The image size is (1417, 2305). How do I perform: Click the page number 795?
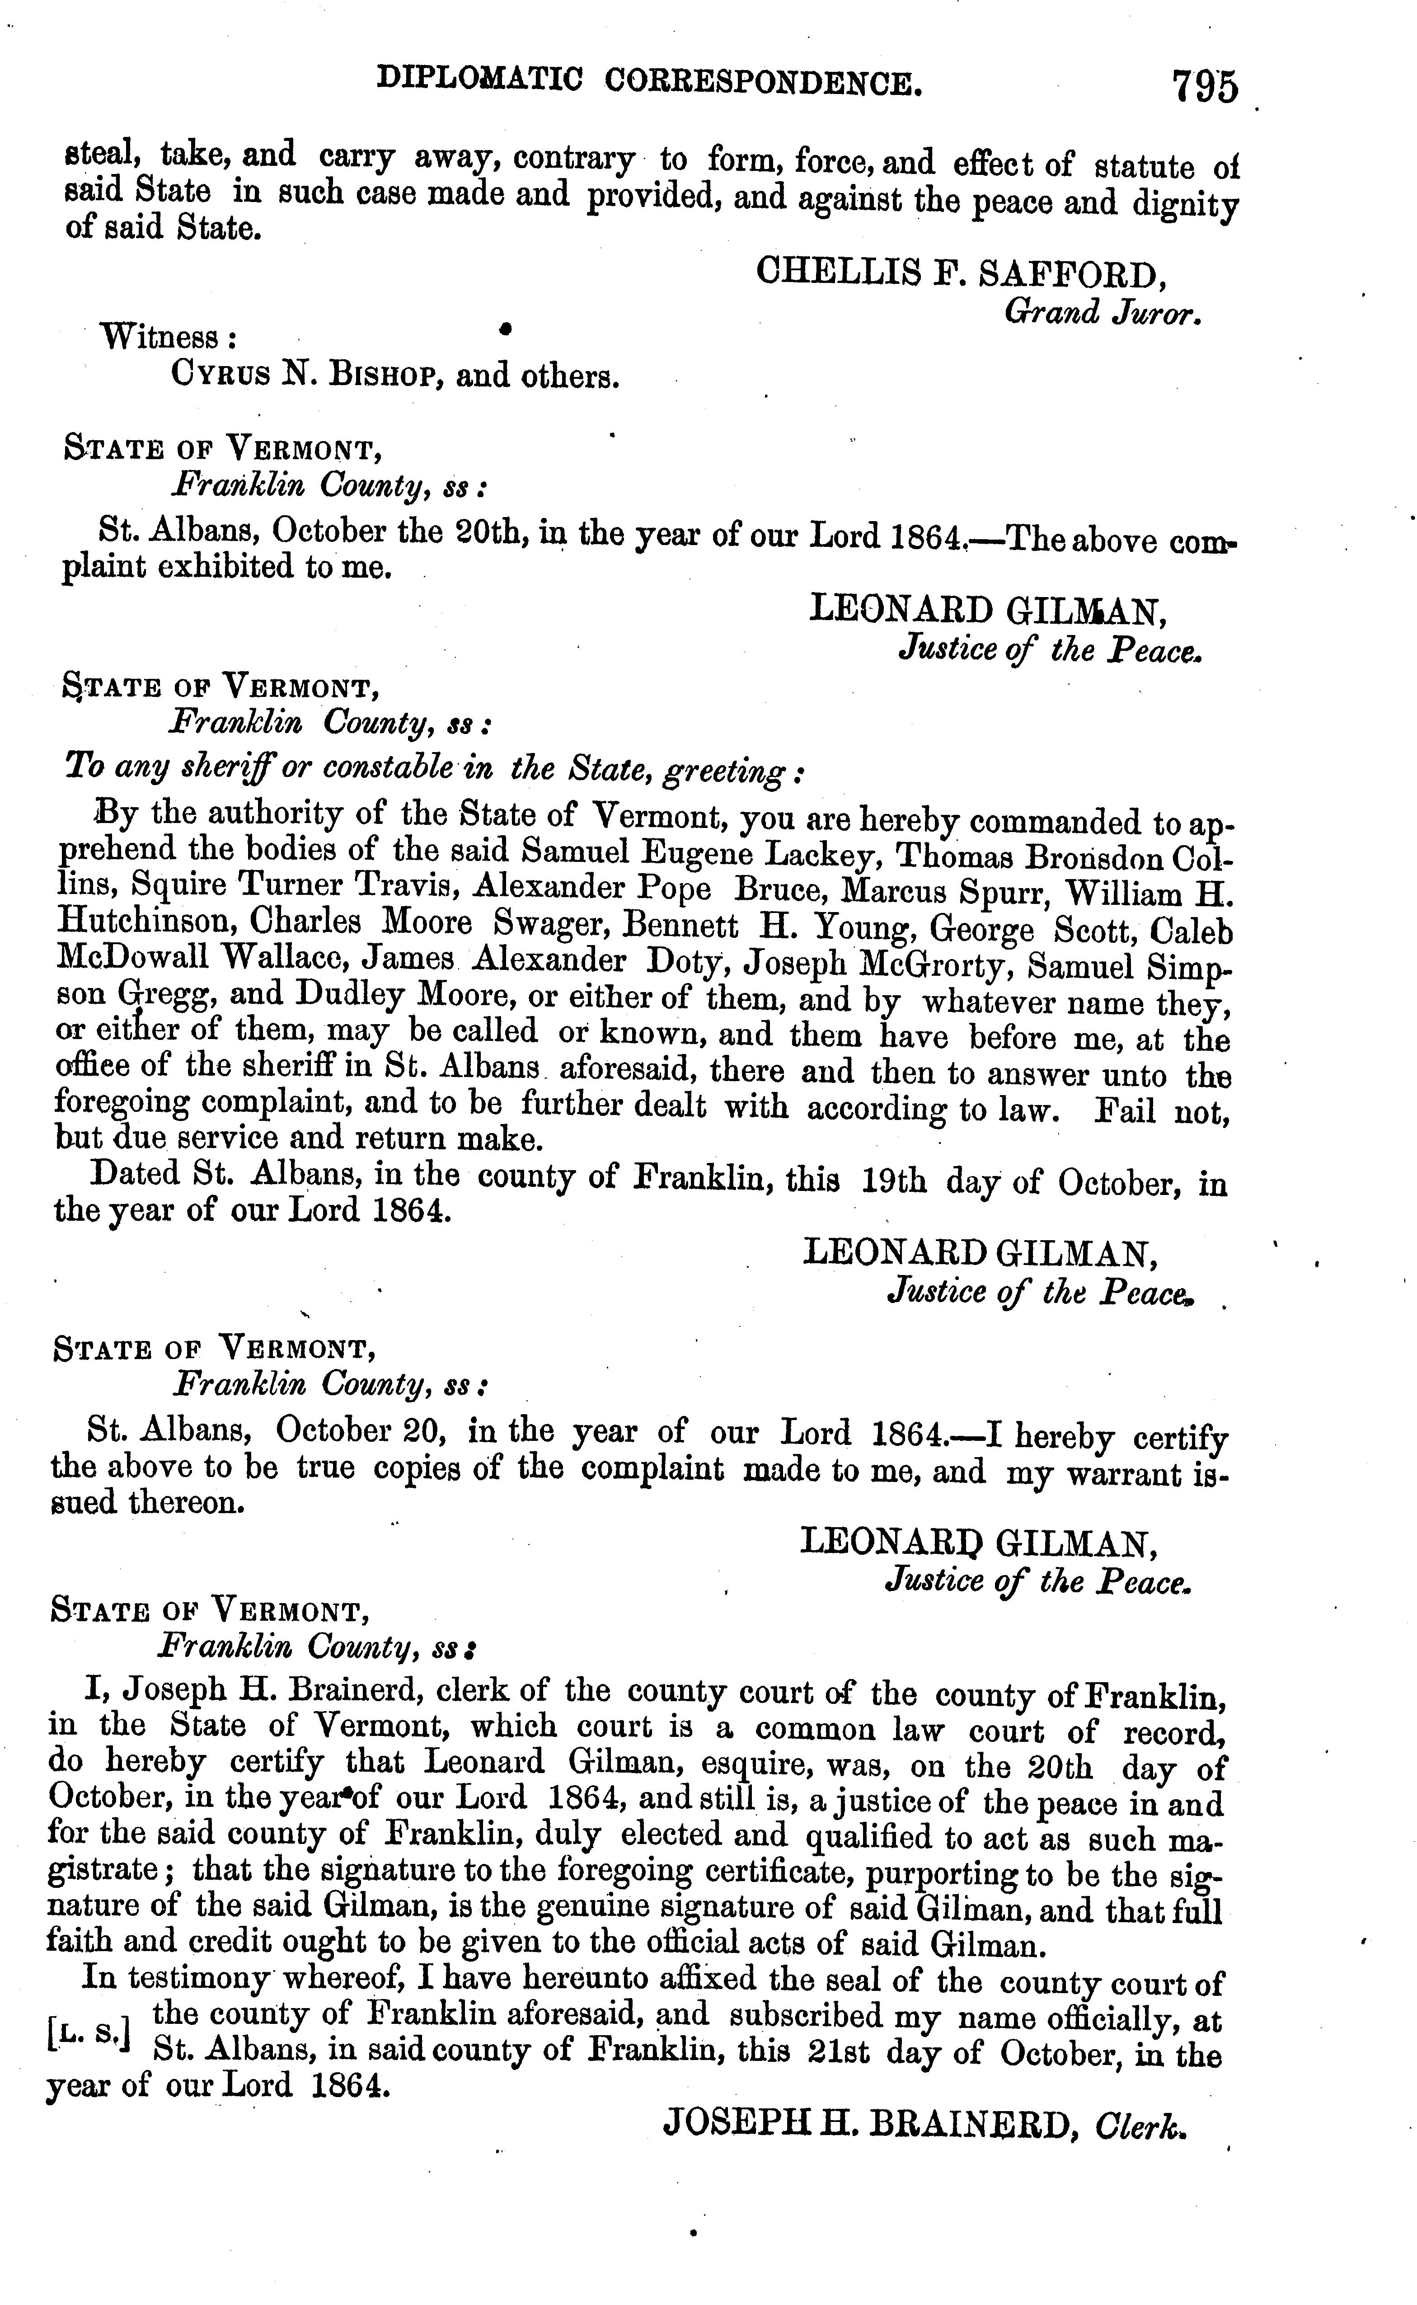[1205, 87]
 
